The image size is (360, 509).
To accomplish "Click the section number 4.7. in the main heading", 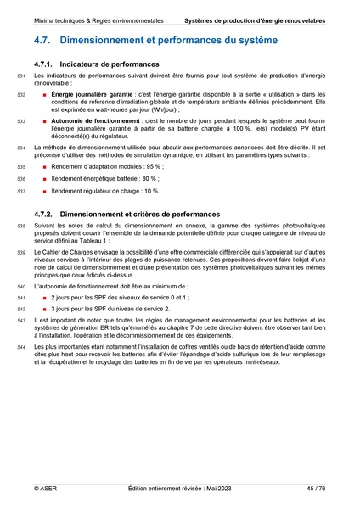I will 45,40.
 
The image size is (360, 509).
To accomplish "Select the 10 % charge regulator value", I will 148,192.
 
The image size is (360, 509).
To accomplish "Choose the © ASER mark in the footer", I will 47,489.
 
